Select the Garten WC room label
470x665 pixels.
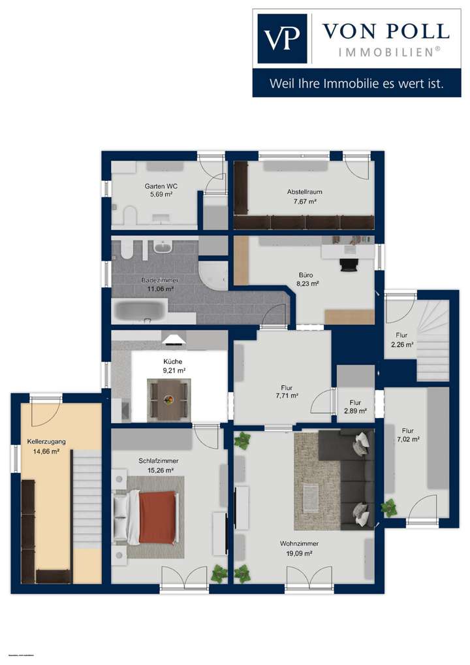(161, 190)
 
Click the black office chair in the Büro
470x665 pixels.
(349, 263)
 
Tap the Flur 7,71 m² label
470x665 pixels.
(287, 391)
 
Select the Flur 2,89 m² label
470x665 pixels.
(355, 407)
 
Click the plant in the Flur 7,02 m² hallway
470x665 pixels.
(390, 507)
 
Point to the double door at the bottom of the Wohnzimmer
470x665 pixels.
(308, 578)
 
